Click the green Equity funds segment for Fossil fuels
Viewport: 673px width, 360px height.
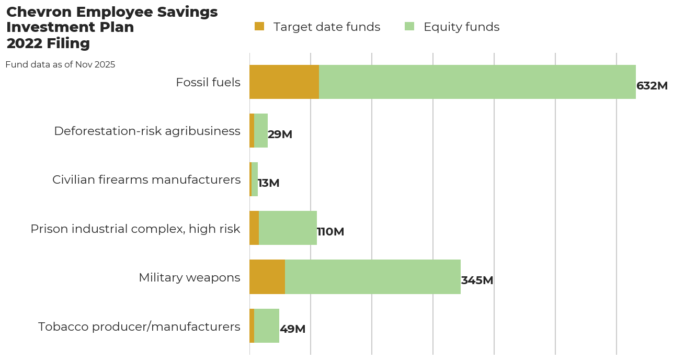click(477, 82)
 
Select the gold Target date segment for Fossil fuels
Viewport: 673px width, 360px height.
click(284, 82)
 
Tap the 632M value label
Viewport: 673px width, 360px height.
click(652, 86)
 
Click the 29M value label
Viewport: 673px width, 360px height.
click(280, 134)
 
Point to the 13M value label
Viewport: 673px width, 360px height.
click(269, 183)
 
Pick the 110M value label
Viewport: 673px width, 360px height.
click(330, 232)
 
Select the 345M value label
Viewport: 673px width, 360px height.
click(477, 280)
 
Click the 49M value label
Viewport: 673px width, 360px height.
click(292, 329)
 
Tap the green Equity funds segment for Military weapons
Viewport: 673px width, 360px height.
click(372, 277)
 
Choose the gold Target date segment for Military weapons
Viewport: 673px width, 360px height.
click(267, 277)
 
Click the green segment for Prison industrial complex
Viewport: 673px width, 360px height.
click(288, 228)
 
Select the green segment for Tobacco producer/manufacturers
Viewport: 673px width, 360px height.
click(267, 325)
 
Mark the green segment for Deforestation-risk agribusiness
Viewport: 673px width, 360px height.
click(261, 131)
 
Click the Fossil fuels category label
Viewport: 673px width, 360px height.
click(208, 83)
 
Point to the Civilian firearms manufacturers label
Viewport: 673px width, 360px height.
click(146, 180)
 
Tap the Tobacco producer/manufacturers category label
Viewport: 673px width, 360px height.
click(139, 327)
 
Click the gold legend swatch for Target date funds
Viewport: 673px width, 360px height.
click(259, 26)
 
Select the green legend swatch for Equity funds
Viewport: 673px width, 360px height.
click(409, 26)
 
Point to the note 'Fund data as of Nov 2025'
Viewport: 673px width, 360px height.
click(60, 65)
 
